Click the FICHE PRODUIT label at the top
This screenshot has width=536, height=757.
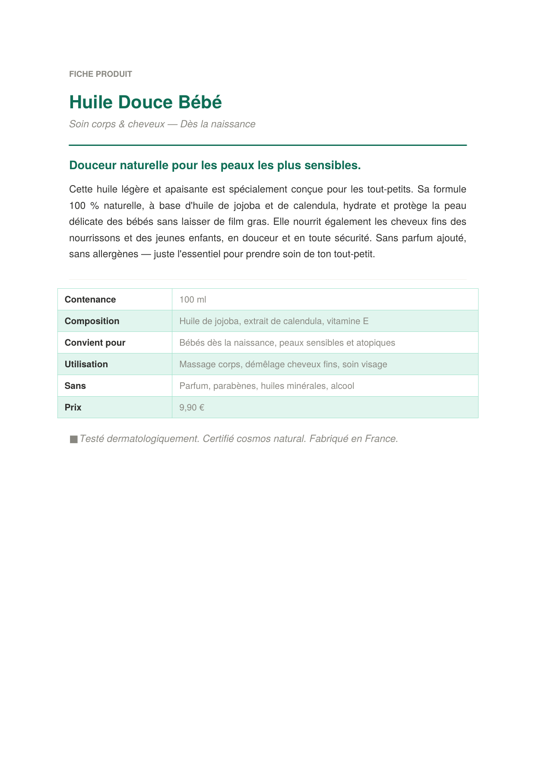[x=101, y=74]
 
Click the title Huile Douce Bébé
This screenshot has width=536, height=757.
[x=146, y=102]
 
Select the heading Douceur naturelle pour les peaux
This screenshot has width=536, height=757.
[x=215, y=165]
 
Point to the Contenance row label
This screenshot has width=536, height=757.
[x=90, y=300]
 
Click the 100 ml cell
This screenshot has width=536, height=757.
[x=193, y=300]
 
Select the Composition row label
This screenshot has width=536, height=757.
[x=92, y=321]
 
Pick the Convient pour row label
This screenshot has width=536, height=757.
[x=95, y=343]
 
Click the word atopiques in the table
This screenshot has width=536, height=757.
[x=376, y=343]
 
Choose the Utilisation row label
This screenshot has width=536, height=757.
[x=86, y=364]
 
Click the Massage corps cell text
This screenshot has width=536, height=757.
[x=210, y=364]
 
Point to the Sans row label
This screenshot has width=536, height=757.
[x=75, y=386]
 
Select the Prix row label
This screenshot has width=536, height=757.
[x=73, y=407]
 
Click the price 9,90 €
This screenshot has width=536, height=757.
[x=192, y=407]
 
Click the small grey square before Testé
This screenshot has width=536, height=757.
[x=73, y=439]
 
